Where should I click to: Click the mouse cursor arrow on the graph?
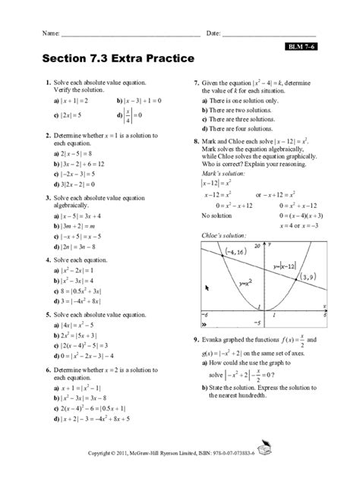[207, 288]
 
